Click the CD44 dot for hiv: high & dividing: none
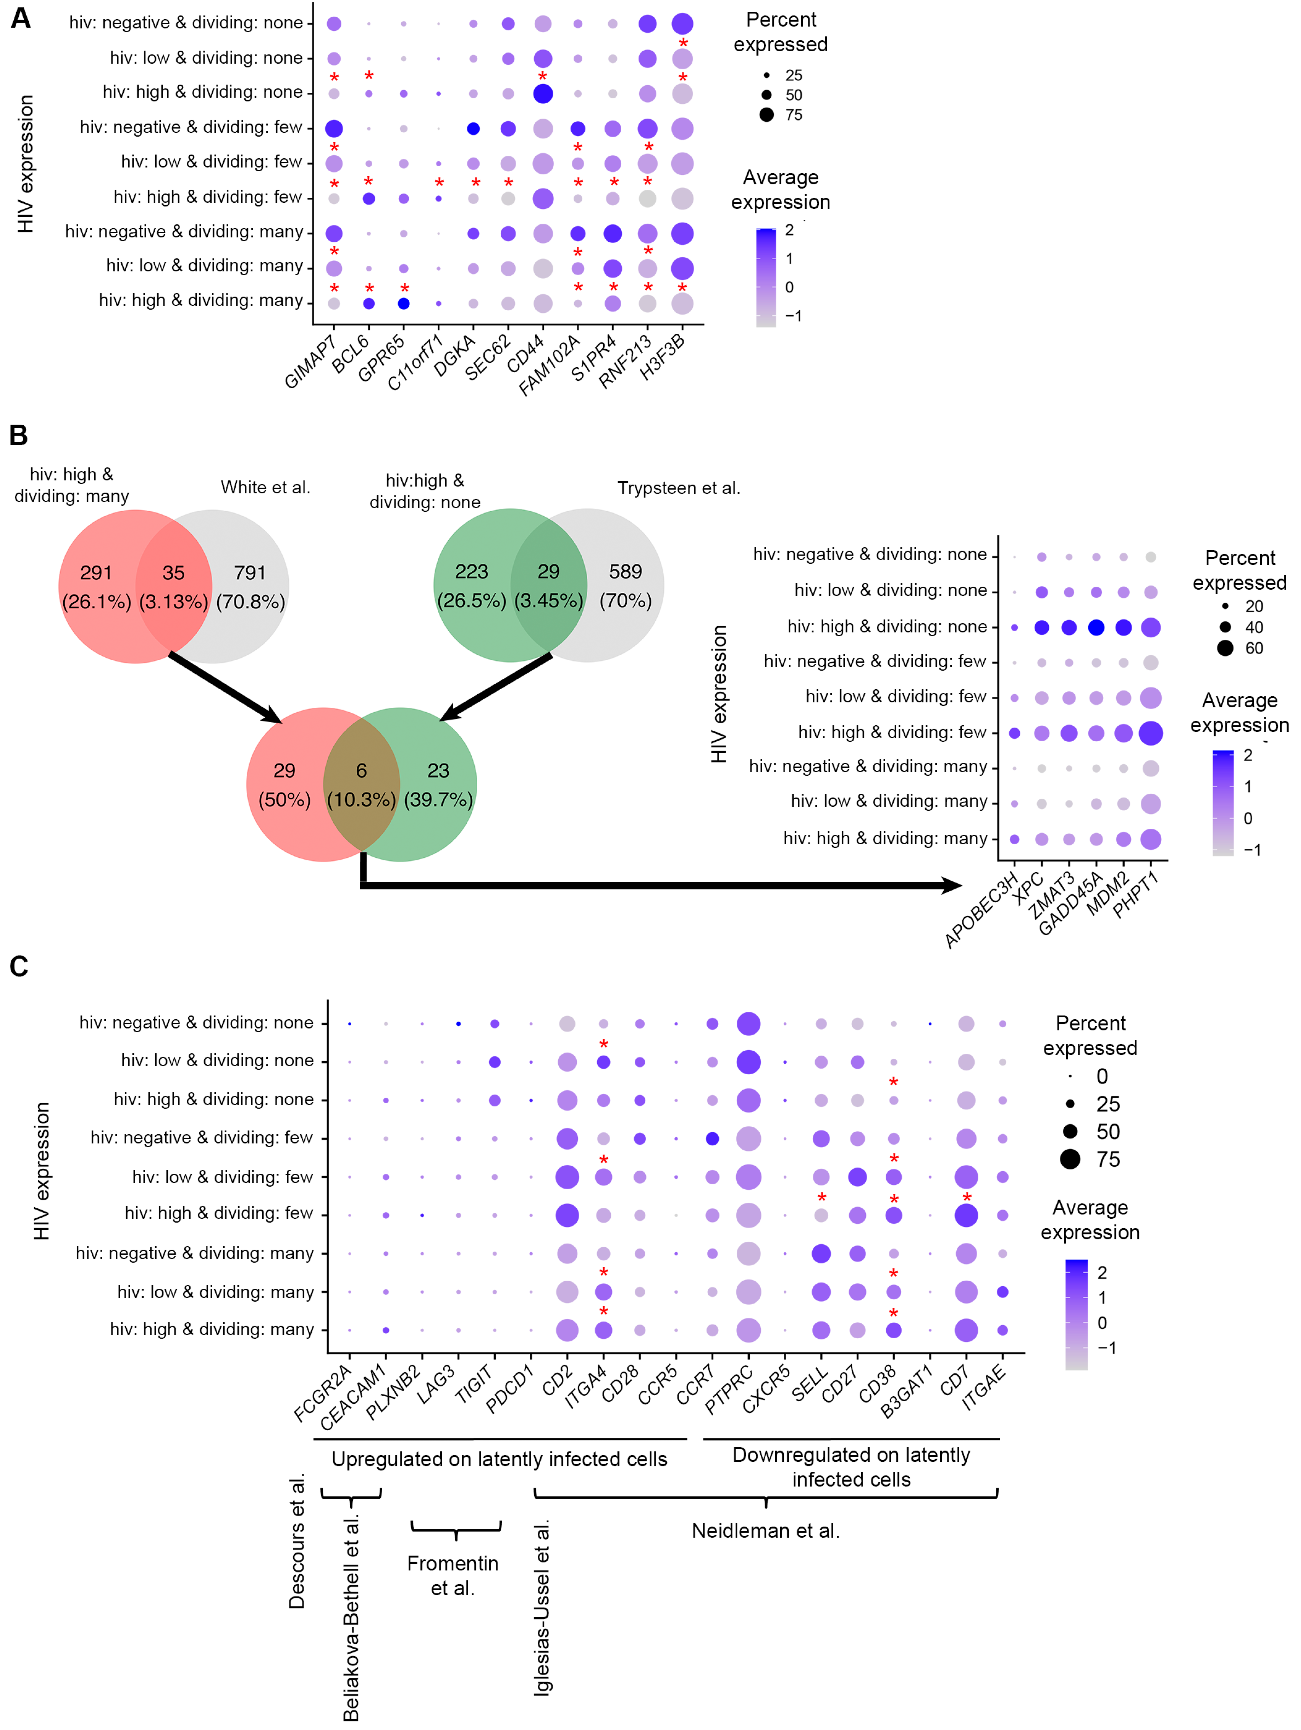point(543,94)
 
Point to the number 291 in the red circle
point(96,573)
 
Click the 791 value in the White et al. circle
point(250,573)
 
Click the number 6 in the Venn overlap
point(361,770)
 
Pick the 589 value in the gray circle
point(626,572)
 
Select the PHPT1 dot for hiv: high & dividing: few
point(1150,733)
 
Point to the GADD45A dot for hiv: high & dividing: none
point(1096,627)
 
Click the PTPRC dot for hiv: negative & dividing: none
point(748,1023)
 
